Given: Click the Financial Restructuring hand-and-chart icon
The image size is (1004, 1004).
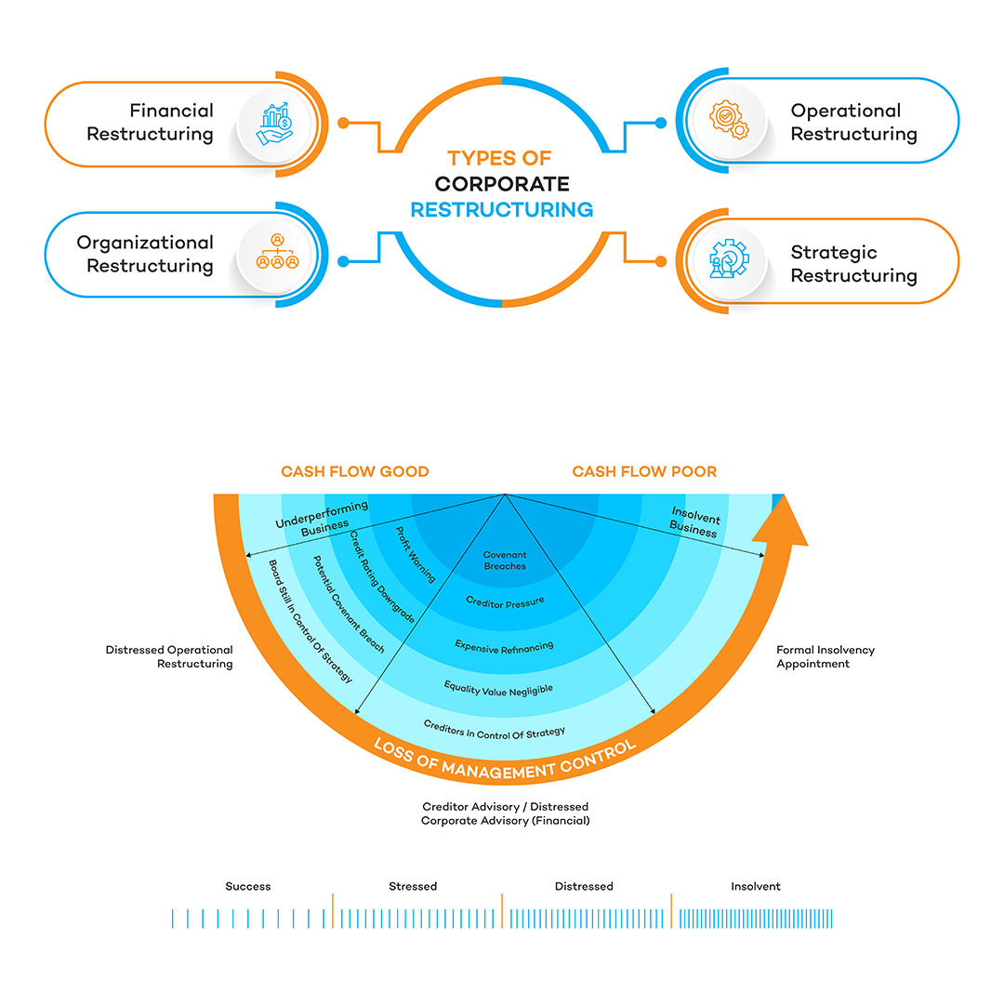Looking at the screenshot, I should point(276,124).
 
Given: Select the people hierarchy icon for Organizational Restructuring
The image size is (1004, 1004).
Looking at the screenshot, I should point(277,252).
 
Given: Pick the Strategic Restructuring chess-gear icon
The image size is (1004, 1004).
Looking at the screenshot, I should point(728,259).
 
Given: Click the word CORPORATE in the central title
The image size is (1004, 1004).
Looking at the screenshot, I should point(502,184).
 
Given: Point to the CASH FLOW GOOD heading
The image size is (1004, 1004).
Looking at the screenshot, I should point(355,471).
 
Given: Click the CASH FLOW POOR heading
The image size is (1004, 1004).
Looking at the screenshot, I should point(644,471).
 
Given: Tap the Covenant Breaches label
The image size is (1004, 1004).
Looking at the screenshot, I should point(505,561).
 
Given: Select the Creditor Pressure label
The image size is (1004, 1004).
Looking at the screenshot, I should point(505,601).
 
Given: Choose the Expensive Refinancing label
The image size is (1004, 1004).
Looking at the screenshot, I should point(504,645).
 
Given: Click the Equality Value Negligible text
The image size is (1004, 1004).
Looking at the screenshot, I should point(498,688).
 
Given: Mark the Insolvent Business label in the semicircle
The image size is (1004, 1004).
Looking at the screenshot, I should point(695,522).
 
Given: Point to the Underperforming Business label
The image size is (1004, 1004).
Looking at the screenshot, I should point(322,517).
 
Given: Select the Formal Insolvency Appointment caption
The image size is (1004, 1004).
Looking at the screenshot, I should point(826,657).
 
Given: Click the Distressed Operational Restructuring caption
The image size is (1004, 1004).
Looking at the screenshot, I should point(169,657).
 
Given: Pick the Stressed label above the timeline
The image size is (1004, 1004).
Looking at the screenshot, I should point(413,886).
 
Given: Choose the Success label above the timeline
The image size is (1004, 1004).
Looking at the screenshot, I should point(248,886).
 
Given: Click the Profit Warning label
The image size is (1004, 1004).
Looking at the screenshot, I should point(416,555).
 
